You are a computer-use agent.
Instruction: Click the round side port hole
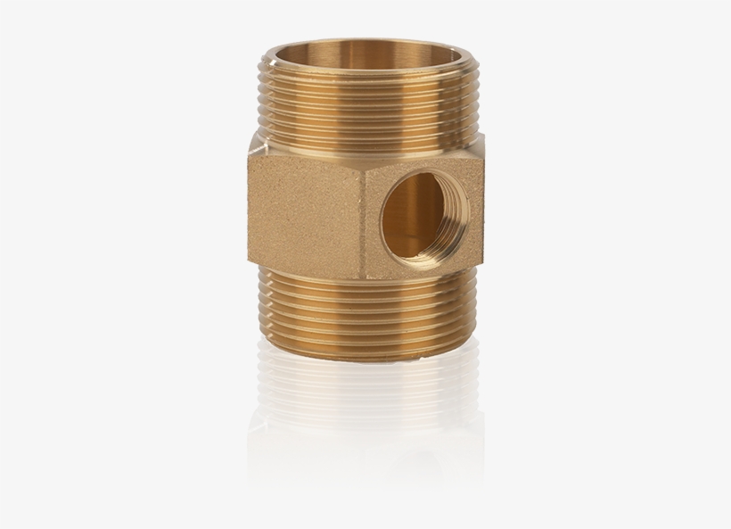coord(411,216)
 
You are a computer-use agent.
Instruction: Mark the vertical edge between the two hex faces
coord(363,214)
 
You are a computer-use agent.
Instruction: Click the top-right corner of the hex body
coord(486,152)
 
